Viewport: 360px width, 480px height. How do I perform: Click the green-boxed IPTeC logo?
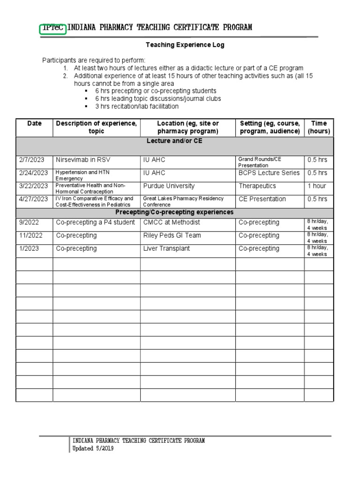click(x=53, y=28)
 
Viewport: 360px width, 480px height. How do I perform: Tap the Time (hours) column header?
click(x=319, y=127)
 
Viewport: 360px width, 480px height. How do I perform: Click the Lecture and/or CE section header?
click(x=174, y=141)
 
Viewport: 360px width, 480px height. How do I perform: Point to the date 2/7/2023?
click(x=31, y=160)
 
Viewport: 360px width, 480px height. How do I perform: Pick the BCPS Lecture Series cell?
click(x=269, y=173)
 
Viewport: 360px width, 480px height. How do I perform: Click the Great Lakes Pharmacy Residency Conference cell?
click(x=183, y=202)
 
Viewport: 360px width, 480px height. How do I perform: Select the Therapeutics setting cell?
click(x=257, y=186)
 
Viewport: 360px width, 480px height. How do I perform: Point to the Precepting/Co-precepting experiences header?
click(x=174, y=212)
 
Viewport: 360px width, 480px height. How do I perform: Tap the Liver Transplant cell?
click(x=166, y=248)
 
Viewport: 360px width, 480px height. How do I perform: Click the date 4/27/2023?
click(x=33, y=199)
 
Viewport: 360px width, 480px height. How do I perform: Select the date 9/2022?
click(x=28, y=222)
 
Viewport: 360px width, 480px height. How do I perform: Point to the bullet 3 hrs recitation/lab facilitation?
click(x=136, y=106)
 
